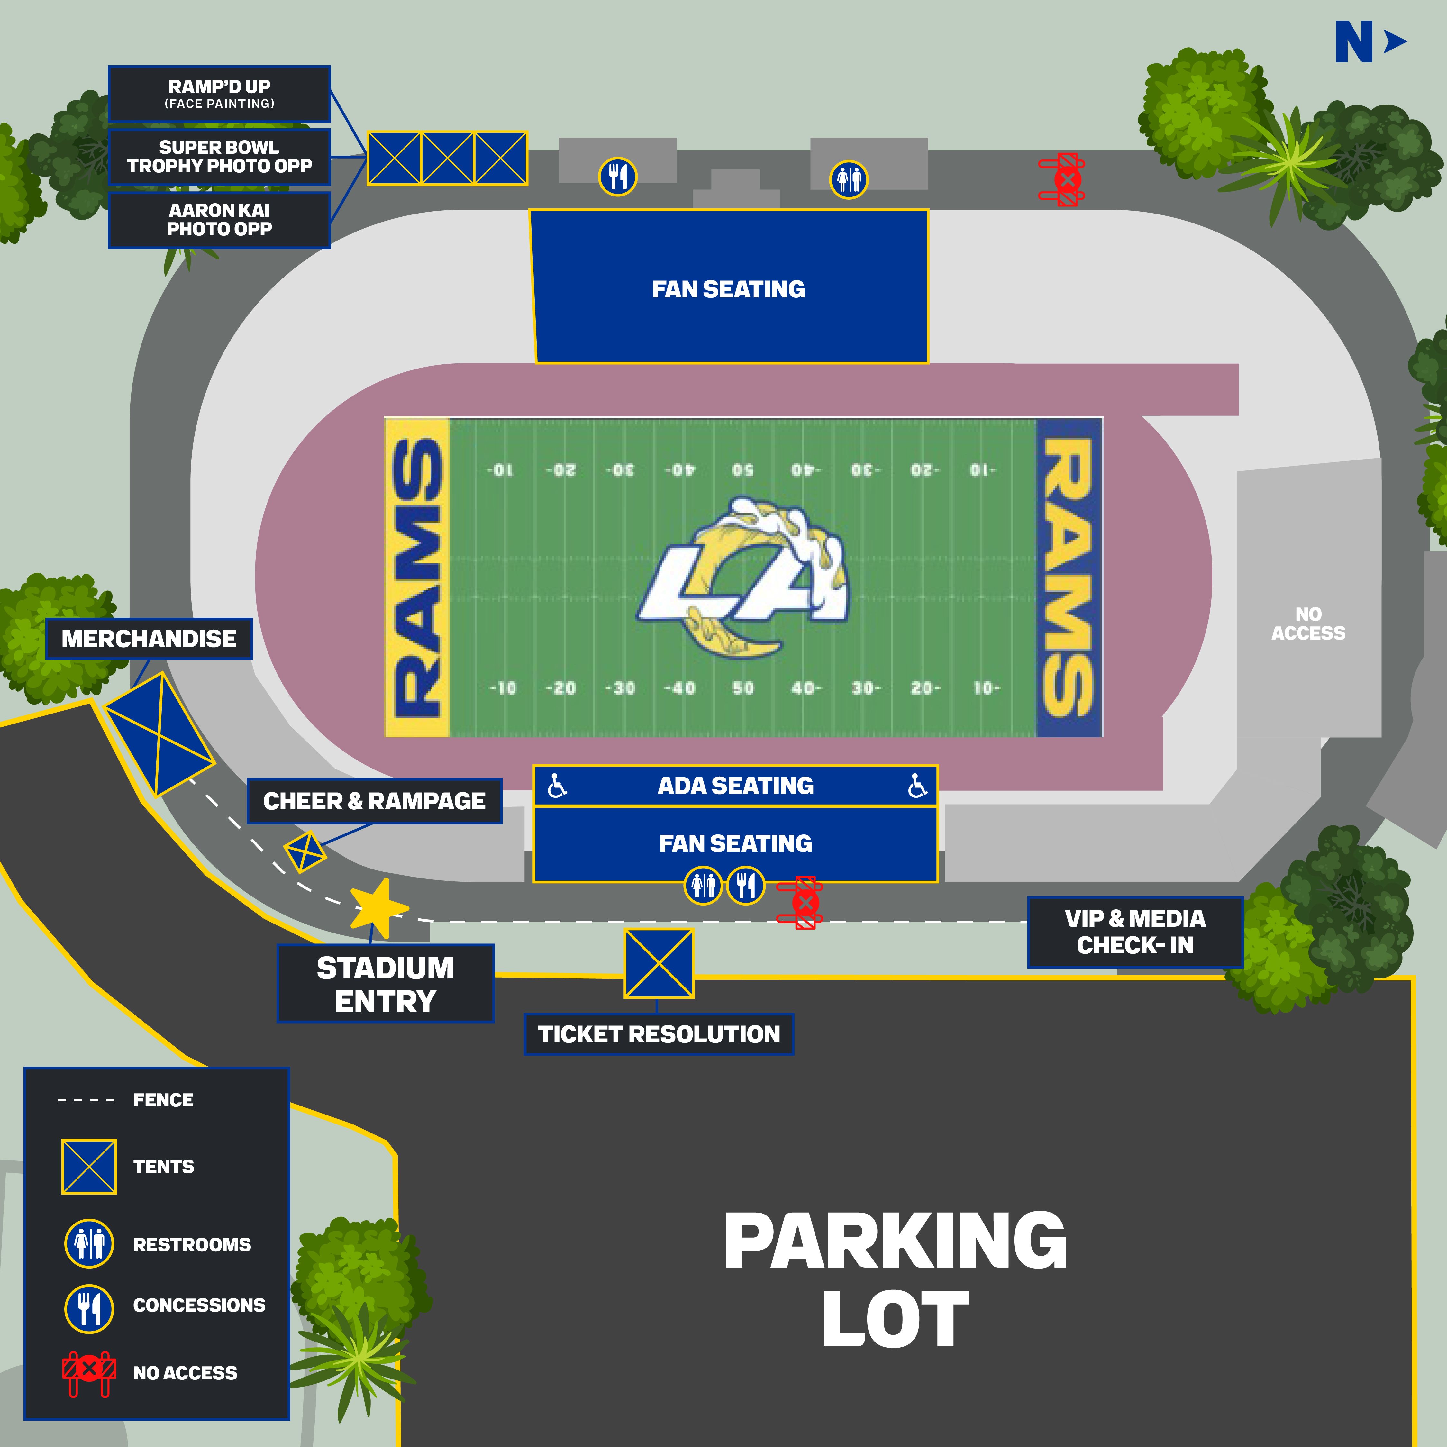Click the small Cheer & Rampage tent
point(305,851)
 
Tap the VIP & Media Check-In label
point(1135,932)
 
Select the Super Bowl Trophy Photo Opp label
point(219,157)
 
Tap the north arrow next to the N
point(1395,42)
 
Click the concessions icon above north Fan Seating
point(617,177)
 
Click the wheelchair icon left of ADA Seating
point(557,786)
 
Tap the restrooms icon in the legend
point(89,1244)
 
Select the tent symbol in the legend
point(89,1166)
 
